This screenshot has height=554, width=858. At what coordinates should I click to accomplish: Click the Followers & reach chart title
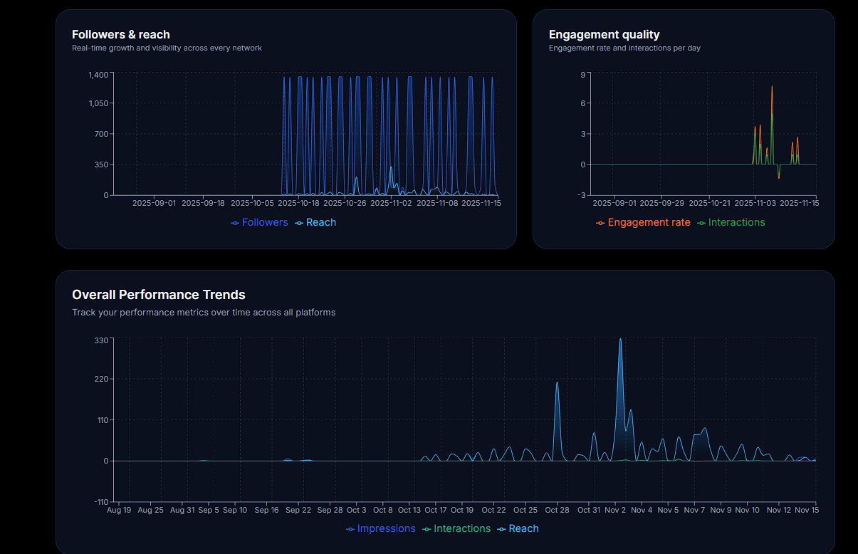[x=121, y=34]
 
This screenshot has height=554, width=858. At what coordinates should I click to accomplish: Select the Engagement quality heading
[x=604, y=34]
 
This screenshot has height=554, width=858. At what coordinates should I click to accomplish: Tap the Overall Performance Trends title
[x=158, y=295]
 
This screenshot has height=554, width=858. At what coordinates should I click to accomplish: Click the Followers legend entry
[x=264, y=222]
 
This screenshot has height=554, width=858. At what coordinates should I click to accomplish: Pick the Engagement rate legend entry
[x=648, y=222]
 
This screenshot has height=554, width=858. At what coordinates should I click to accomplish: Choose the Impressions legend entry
[x=385, y=528]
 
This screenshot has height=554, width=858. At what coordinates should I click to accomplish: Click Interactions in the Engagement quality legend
[x=736, y=222]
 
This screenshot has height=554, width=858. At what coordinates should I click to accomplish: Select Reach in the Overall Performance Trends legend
[x=523, y=528]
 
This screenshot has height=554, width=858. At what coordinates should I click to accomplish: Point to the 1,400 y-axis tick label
[x=98, y=75]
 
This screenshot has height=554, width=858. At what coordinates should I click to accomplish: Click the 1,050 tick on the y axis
[x=98, y=103]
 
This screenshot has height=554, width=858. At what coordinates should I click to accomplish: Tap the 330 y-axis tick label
[x=101, y=340]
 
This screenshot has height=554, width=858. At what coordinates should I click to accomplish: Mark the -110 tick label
[x=100, y=502]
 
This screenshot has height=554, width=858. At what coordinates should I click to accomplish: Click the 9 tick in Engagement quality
[x=582, y=75]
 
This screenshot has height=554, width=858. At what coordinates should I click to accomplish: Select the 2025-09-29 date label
[x=661, y=203]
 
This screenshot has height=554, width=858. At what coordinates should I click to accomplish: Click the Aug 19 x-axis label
[x=119, y=510]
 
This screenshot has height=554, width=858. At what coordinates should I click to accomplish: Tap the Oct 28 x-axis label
[x=557, y=510]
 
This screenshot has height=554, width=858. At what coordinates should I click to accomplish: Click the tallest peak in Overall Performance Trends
[x=620, y=340]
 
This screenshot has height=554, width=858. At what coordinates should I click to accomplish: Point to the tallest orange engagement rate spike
[x=772, y=87]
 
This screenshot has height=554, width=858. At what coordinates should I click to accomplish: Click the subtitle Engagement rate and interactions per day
[x=624, y=48]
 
